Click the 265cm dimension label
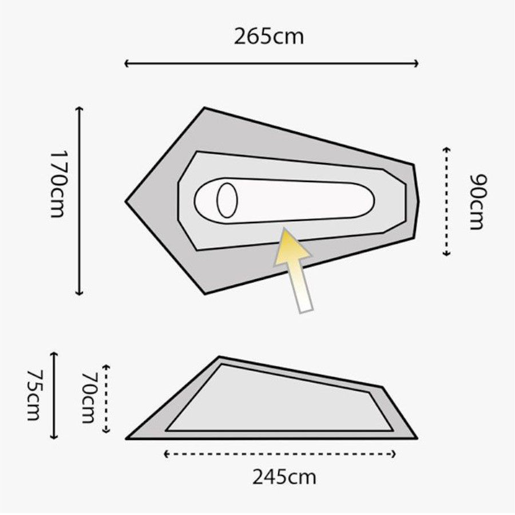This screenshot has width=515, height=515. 269,37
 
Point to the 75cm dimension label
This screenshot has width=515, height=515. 34,395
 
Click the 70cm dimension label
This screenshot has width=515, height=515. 88,398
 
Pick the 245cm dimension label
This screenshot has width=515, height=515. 284,477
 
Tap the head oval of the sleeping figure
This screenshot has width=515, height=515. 227,200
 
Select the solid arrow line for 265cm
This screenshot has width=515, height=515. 271,64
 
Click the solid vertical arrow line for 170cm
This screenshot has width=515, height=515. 79,201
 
